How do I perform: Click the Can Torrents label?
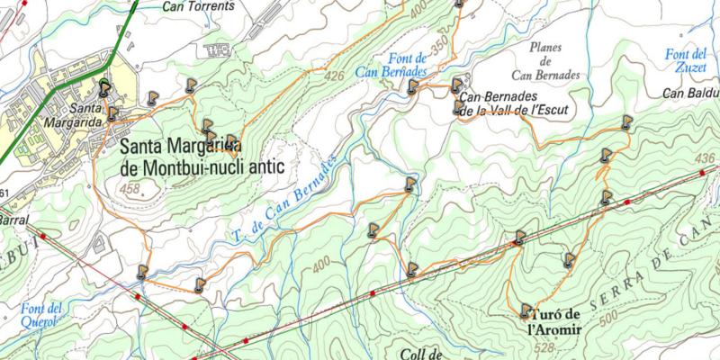coord(198,5)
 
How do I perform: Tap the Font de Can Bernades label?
coord(391,65)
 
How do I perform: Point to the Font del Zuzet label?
coord(686,60)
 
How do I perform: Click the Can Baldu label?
coord(691,93)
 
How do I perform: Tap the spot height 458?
coord(130,189)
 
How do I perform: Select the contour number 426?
coord(334,76)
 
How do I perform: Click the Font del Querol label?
coord(41,314)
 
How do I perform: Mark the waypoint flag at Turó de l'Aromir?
coord(526,311)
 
